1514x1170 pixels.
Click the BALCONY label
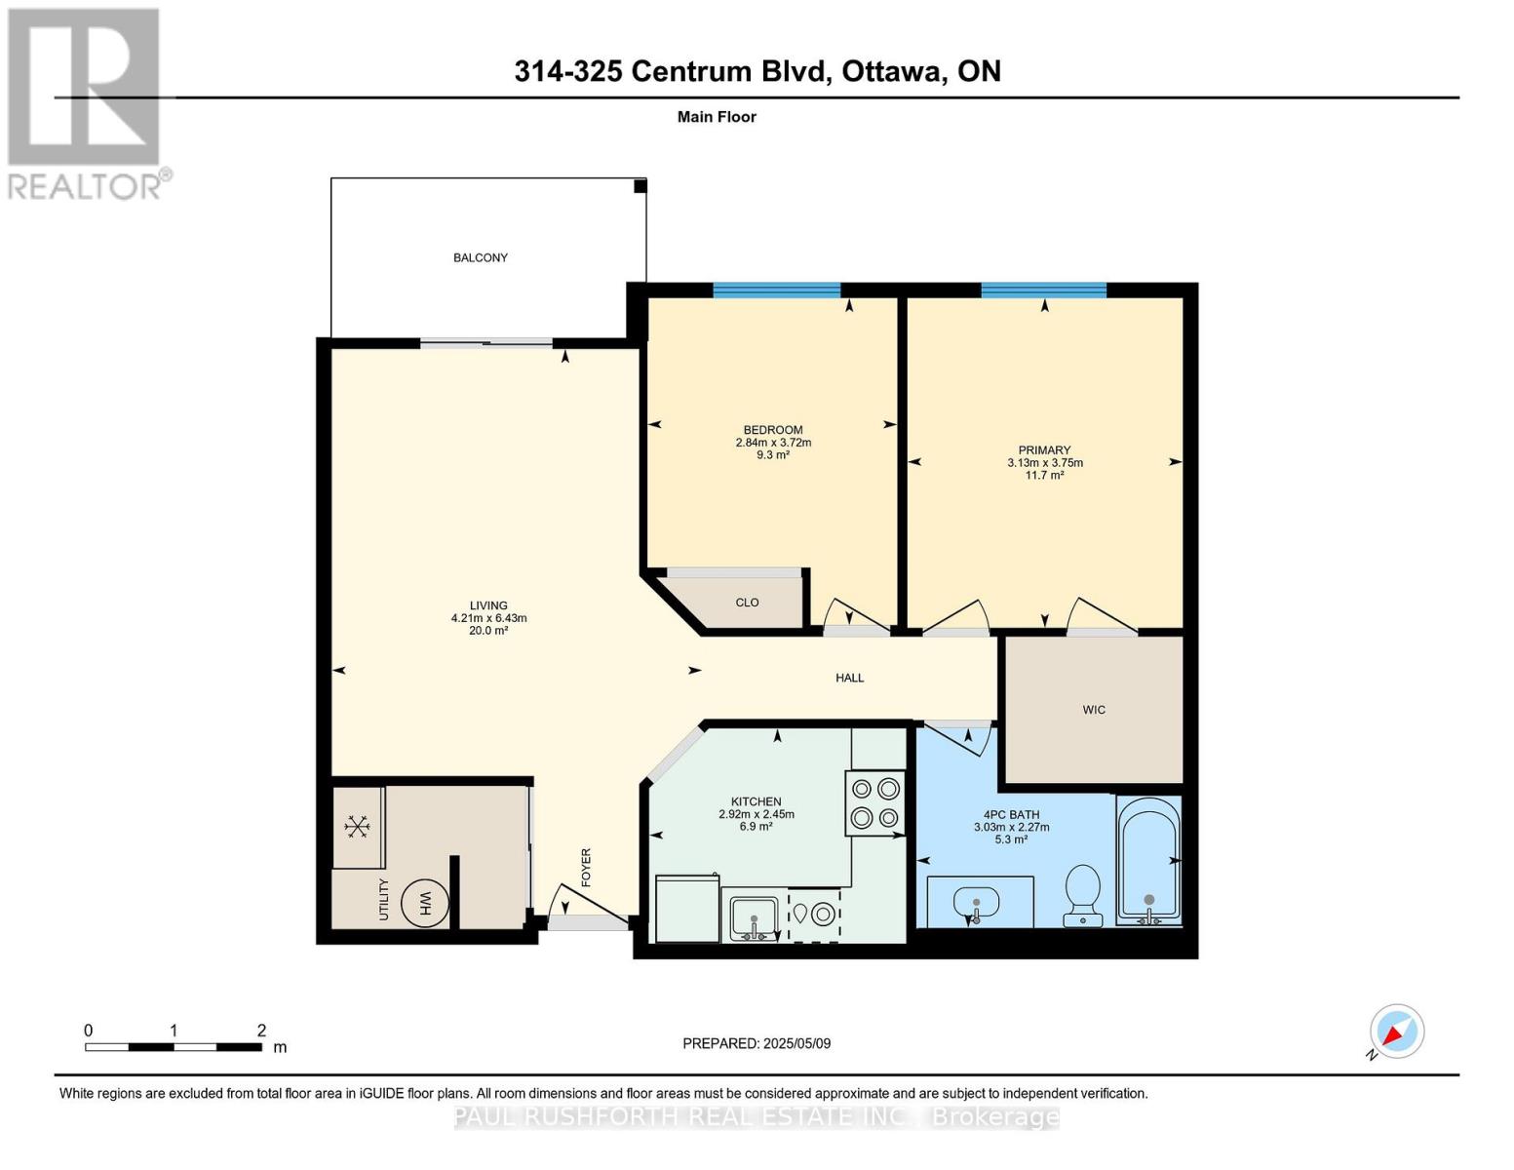[x=480, y=257]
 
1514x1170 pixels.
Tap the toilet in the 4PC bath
[x=1083, y=895]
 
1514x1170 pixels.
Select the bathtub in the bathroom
[x=1149, y=861]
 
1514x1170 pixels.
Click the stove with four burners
[x=874, y=802]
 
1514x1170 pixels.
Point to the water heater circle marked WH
[x=425, y=904]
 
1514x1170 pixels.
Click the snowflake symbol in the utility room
[x=357, y=827]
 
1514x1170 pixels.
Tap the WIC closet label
[x=1094, y=710]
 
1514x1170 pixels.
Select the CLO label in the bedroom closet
[x=747, y=603]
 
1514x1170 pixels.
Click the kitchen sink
[x=754, y=918]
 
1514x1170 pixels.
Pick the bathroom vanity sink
[x=976, y=904]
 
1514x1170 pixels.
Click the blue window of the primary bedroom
[x=1044, y=290]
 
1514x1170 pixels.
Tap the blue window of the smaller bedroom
[x=776, y=290]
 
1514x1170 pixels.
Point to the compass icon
[x=1396, y=1032]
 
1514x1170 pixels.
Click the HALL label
[x=849, y=678]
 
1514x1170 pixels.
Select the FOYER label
[x=586, y=868]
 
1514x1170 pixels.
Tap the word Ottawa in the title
[x=893, y=71]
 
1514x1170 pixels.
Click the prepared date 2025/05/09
[x=797, y=1043]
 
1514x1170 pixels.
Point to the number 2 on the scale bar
[x=261, y=1030]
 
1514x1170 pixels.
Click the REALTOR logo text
[x=85, y=185]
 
